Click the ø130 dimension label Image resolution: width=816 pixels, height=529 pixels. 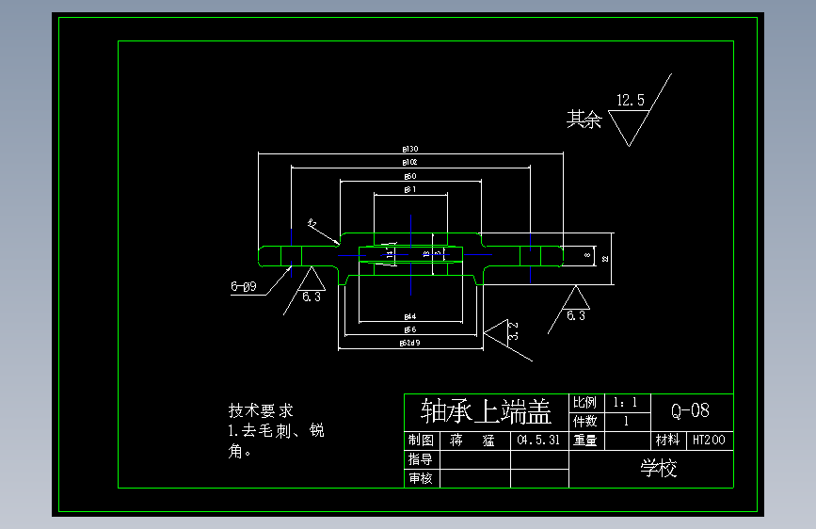coord(410,149)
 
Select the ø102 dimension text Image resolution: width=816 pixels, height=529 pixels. coord(410,162)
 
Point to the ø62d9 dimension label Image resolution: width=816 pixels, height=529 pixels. coord(410,344)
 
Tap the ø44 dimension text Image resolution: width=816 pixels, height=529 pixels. coord(410,316)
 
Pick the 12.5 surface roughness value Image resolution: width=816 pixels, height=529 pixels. coord(630,100)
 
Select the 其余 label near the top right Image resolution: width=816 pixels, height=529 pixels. coord(583,120)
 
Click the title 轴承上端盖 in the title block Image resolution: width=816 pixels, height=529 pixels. coord(486,411)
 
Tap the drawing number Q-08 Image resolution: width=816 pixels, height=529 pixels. coord(690,410)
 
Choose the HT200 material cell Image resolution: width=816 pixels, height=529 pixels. coord(709,440)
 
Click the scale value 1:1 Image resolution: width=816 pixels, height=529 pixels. coord(625,403)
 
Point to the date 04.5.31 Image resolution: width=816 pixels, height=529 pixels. coord(539,440)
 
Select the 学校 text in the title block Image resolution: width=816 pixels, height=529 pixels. coord(659,468)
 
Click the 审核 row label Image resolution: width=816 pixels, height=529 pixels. coord(421,478)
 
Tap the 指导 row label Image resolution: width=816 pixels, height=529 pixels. coord(421,459)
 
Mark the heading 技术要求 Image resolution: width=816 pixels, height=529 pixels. coord(261,411)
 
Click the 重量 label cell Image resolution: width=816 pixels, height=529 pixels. coord(584,440)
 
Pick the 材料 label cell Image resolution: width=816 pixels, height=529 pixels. coord(667,440)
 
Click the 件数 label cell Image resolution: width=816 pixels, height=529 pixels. coord(584,421)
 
